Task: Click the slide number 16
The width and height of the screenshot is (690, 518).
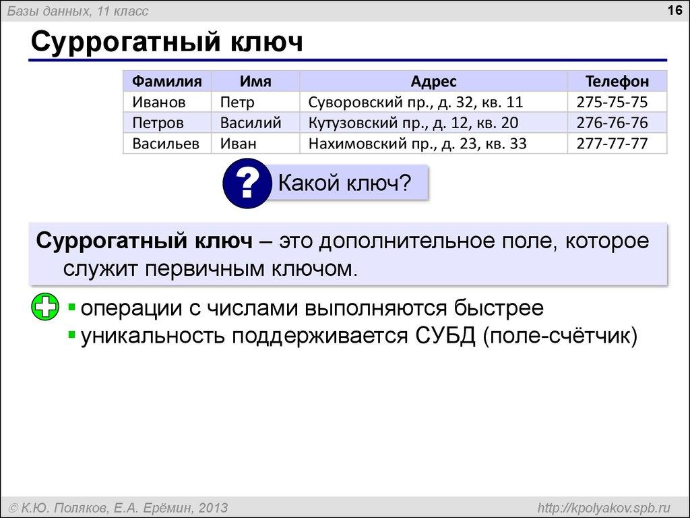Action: (675, 10)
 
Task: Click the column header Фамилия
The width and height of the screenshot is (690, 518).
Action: (166, 82)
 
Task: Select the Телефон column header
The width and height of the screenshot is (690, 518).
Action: (617, 82)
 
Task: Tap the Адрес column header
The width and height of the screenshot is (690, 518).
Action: (434, 82)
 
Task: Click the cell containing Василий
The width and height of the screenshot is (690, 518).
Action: (251, 123)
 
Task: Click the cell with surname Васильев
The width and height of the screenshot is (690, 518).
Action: (166, 144)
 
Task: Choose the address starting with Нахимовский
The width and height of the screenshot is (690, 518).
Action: (417, 144)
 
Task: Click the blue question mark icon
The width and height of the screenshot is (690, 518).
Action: (247, 182)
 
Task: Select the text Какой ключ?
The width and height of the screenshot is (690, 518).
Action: (344, 182)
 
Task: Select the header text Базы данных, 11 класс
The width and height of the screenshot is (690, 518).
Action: (78, 11)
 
